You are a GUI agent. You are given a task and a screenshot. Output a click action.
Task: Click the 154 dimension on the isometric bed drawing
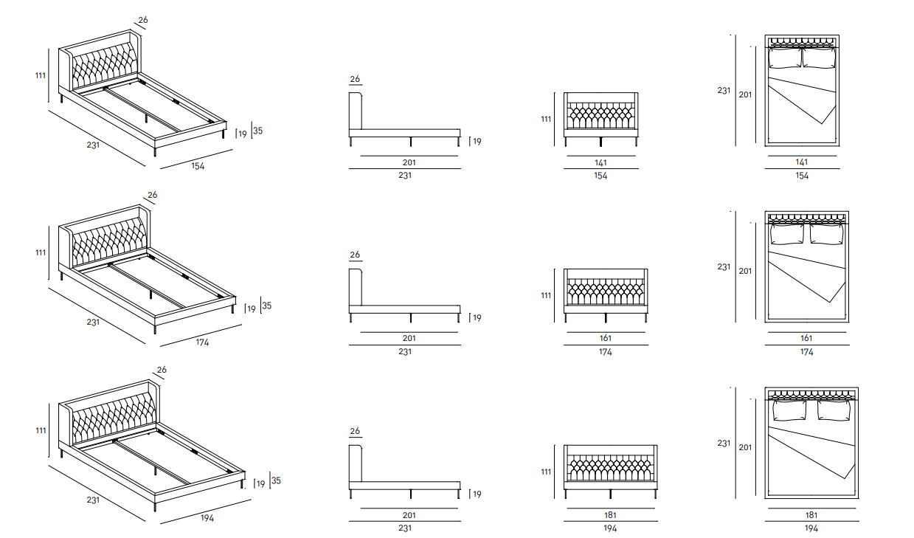coord(198,166)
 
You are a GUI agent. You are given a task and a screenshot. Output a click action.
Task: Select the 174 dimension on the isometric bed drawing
coord(202,342)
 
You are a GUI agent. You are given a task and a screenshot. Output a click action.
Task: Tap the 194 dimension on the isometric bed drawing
coord(207,518)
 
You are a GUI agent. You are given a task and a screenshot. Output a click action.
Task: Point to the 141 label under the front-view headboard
coord(600,162)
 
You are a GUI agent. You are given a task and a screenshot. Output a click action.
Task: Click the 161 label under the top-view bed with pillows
coord(806,338)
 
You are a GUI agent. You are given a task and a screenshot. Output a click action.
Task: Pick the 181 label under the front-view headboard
coord(610,514)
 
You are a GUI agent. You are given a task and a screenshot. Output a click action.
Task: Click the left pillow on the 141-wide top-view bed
coord(785,58)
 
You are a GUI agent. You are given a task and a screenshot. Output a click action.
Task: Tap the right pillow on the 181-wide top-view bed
coord(834,410)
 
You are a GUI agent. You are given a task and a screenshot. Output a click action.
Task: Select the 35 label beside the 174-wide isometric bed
coord(267,306)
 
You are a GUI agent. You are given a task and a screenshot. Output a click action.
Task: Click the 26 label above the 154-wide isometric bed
coord(142,21)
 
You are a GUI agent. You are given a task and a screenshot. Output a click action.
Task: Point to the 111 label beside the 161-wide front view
coord(547,295)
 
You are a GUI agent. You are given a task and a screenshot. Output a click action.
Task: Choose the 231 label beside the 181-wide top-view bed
coord(724,444)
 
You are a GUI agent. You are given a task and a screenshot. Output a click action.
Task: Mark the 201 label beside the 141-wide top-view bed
coord(745,94)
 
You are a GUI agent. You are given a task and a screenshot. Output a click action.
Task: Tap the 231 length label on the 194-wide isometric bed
coord(93,500)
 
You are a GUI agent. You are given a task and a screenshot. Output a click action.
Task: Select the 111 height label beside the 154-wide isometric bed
coord(40,75)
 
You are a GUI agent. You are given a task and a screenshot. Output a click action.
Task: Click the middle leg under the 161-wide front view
coord(605,317)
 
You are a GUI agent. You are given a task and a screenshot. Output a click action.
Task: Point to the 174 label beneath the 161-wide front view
coord(606,352)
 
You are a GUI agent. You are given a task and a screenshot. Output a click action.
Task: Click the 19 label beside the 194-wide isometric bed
coord(259,484)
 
